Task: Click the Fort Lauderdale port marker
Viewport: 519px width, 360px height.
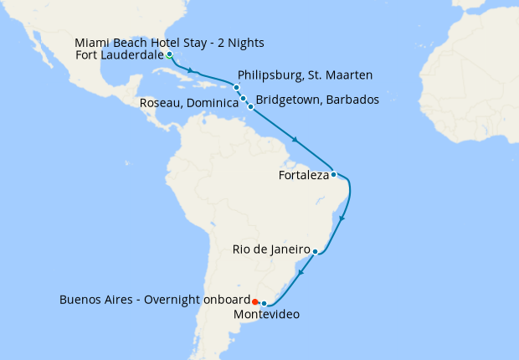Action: tap(169, 54)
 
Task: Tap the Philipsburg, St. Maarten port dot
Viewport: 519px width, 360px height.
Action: tap(237, 88)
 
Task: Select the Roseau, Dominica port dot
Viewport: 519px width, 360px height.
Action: tap(244, 99)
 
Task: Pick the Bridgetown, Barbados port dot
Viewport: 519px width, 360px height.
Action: tap(250, 107)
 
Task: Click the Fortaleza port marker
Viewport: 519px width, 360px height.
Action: tap(333, 175)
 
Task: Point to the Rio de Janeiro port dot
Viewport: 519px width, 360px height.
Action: tap(315, 251)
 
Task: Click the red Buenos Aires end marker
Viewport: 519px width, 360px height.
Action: tap(254, 301)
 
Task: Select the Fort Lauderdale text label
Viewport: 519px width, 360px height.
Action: tap(119, 56)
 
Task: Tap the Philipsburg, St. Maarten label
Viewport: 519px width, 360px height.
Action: tap(305, 75)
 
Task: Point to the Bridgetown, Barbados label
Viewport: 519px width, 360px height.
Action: tap(317, 100)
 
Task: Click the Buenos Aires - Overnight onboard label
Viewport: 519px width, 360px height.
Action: tap(155, 300)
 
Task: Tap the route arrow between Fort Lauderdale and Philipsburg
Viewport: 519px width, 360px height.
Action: tap(193, 71)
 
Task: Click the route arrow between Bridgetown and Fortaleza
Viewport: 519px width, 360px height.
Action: tap(295, 139)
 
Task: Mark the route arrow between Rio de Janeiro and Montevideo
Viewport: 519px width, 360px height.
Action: tap(301, 272)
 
